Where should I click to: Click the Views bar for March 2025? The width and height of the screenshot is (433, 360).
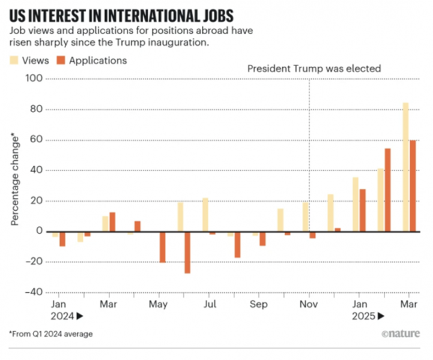pos(405,167)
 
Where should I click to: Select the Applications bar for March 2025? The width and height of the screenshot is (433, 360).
pos(413,185)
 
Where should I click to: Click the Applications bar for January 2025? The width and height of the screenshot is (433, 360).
pos(362,210)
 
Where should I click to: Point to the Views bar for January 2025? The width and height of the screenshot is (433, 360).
pos(356,204)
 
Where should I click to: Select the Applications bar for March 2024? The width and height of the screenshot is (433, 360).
pos(112,222)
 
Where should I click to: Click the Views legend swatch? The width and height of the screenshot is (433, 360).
pos(14,60)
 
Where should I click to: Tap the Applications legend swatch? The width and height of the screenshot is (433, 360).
pos(61,60)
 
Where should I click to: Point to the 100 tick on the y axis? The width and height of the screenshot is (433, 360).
pos(35,79)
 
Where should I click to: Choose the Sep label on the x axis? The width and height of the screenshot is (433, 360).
pos(259,304)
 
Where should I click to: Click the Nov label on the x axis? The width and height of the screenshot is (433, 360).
pos(309,304)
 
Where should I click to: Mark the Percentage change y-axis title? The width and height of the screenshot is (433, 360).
pos(14,180)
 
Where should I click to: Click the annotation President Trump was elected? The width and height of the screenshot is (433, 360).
pos(314,68)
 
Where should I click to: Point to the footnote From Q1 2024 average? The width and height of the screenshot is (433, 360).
pos(51,334)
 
